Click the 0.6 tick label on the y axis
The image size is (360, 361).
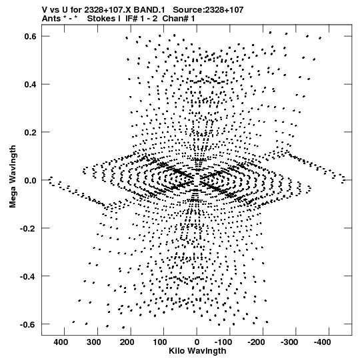31,37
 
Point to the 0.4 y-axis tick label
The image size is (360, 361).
31,85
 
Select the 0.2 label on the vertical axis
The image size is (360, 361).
31,132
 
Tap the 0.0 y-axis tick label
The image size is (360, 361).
31,180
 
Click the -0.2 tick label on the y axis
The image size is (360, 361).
29,228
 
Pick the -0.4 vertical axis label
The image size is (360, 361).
29,276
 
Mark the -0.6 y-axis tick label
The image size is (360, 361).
29,324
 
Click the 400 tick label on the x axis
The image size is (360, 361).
61,342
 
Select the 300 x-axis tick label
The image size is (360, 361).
94,342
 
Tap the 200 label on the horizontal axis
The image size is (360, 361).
127,342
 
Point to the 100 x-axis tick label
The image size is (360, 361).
160,342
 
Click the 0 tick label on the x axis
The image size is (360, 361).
197,342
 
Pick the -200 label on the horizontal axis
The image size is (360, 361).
256,342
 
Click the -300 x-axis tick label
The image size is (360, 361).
289,342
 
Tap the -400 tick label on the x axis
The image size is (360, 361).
322,342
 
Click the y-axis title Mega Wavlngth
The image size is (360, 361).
13,177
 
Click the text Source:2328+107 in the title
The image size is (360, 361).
208,10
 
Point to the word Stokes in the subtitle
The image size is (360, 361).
103,19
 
